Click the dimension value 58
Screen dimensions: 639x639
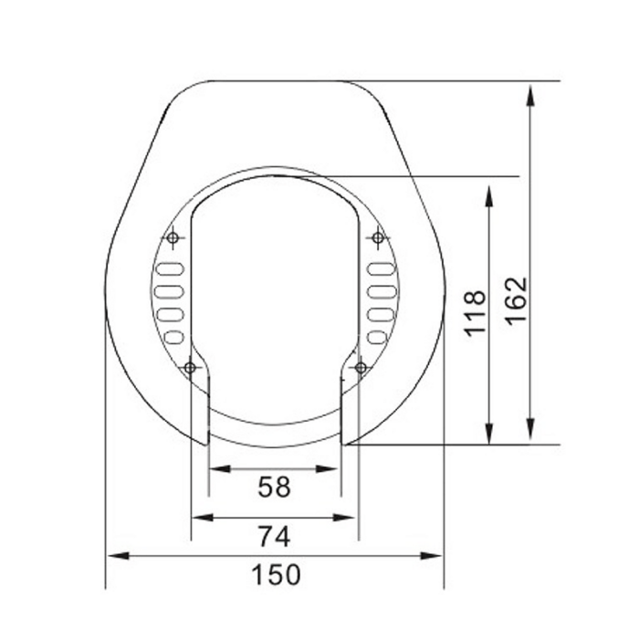274,487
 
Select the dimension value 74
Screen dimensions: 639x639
274,537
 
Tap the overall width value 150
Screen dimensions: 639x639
274,575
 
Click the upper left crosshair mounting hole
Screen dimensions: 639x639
173,238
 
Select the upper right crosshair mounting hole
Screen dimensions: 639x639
377,238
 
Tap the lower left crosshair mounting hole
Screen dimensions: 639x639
190,367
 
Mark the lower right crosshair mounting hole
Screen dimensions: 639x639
361,367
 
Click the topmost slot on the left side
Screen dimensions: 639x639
171,269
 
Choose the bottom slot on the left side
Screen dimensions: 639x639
174,337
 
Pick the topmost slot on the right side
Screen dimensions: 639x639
380,269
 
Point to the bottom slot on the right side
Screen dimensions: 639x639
376,337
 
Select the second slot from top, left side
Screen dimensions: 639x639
169,292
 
